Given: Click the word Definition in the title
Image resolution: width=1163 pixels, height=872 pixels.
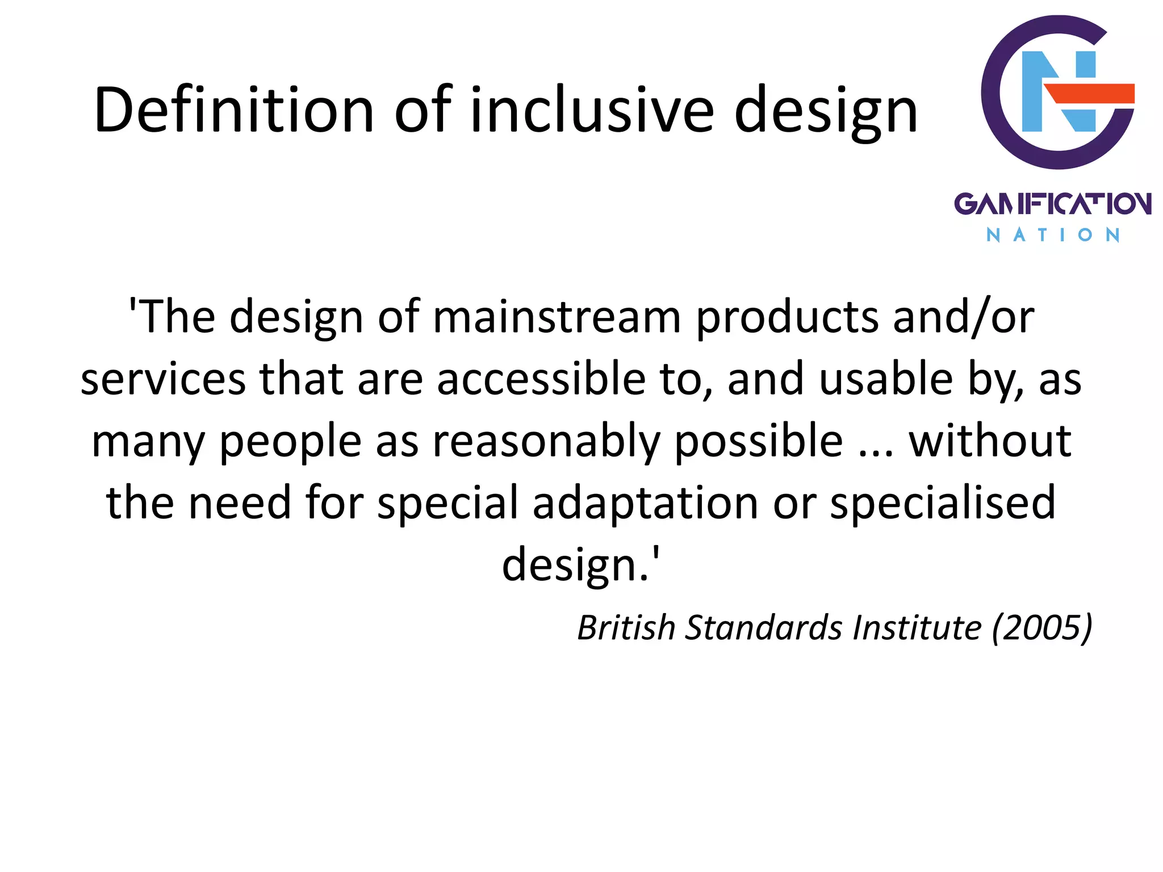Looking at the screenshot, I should (233, 110).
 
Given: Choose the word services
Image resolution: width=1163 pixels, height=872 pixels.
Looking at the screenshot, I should (163, 379).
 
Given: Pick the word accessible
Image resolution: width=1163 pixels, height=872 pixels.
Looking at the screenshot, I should (541, 379).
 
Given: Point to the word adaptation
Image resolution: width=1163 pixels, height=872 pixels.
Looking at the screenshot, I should (645, 502).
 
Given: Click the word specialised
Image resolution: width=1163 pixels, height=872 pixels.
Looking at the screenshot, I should (943, 502).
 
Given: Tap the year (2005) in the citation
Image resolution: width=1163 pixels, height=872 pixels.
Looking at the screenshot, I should (1042, 628).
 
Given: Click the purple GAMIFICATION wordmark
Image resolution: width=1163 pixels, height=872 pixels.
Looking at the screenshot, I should (1052, 204).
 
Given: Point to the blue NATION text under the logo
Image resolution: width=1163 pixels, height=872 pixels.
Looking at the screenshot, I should (1052, 235).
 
